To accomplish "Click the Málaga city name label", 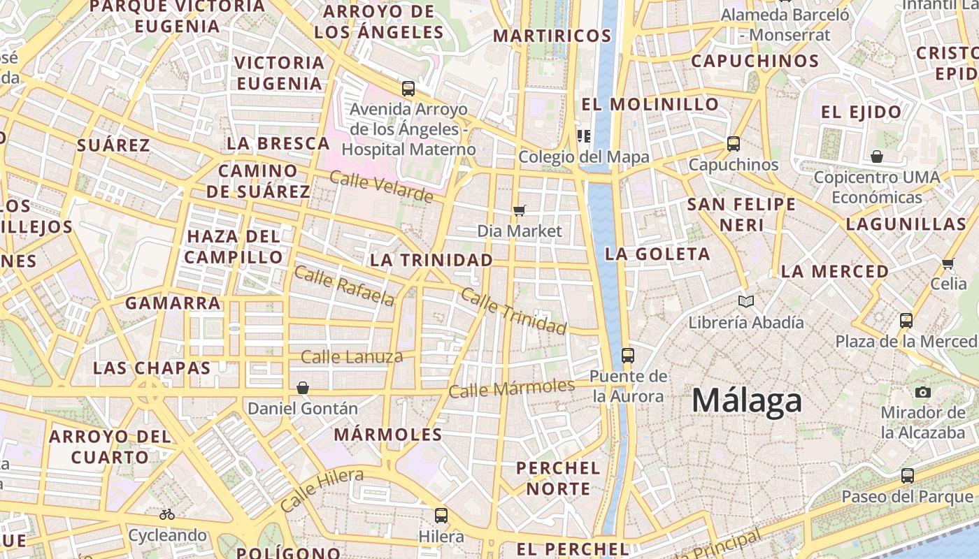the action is point(746,401).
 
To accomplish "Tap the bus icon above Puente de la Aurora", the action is point(627,355).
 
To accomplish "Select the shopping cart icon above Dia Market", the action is point(519,210).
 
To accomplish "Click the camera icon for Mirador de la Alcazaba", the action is point(922,392).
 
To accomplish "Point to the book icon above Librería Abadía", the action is point(746,301).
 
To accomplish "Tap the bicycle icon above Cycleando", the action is point(167,515).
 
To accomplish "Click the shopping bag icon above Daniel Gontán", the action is point(303,387).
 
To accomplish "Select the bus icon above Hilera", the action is point(441,516).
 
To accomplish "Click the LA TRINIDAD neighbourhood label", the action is point(431,260).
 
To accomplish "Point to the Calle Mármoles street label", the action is point(511,388).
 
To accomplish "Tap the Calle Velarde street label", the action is point(381,187).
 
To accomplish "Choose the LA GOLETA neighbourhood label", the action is point(657,254).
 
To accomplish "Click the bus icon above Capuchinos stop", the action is point(733,144).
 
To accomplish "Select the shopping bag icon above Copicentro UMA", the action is point(876,157).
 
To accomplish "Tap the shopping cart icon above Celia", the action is point(948,263).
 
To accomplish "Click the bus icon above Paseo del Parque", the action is point(907,476).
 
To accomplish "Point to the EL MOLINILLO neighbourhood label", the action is point(650,104).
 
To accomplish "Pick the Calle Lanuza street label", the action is point(352,357).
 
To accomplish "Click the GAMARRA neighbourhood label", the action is point(173,303).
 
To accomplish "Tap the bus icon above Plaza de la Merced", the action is point(906,321).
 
